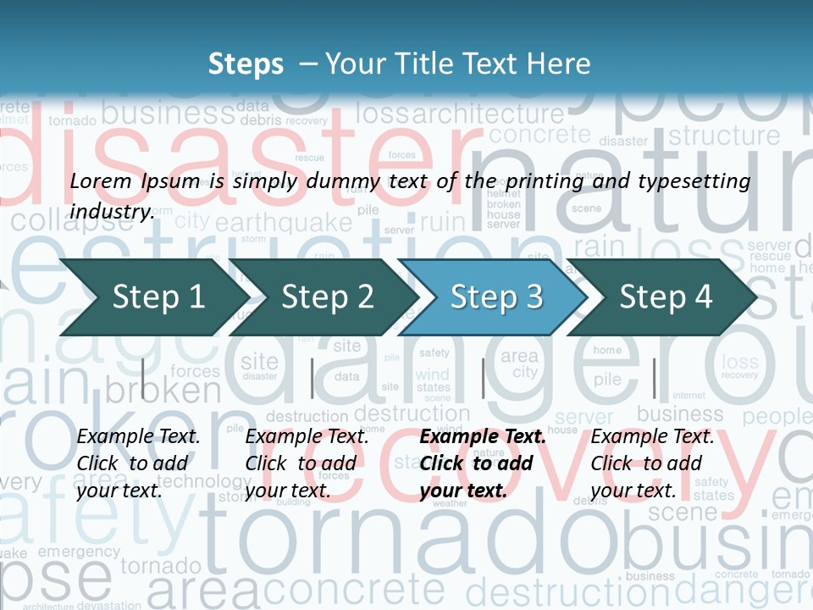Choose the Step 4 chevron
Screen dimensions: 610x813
coord(666,297)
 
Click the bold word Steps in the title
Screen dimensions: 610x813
coord(246,64)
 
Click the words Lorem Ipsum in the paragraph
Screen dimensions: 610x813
coord(135,180)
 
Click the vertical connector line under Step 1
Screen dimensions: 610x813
coord(143,378)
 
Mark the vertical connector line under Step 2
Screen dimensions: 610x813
coord(312,378)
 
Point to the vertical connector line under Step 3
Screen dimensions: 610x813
coord(483,378)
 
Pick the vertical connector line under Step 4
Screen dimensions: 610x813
coord(654,378)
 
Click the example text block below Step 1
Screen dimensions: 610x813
coord(139,463)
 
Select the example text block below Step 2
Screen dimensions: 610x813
coord(307,463)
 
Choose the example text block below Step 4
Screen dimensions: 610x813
coord(652,463)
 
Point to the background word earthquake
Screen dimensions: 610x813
coord(283,223)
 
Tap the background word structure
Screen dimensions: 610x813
coord(724,136)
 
